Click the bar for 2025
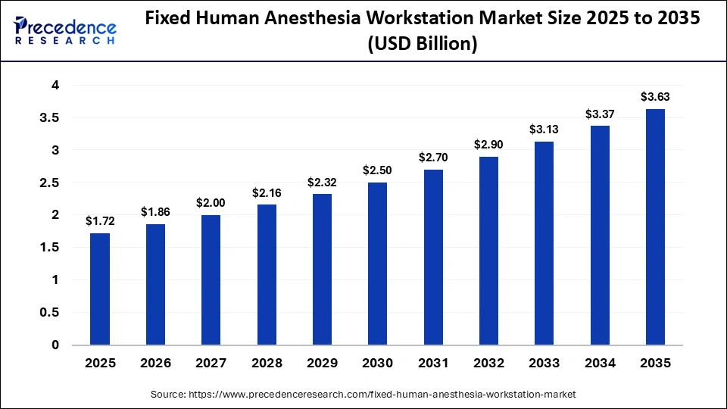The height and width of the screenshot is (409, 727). (x=100, y=289)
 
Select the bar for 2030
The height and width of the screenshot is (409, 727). (x=377, y=264)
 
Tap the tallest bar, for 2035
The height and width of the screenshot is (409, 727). (x=655, y=227)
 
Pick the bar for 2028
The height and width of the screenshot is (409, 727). (x=267, y=274)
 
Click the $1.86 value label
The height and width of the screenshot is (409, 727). (x=155, y=213)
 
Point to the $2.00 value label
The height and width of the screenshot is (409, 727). (x=211, y=204)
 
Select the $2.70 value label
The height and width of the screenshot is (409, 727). (x=432, y=158)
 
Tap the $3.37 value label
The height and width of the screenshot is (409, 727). (x=599, y=114)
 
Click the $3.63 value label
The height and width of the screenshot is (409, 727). (x=655, y=97)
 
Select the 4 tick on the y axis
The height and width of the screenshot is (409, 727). (x=55, y=86)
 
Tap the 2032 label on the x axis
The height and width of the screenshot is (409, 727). (x=488, y=364)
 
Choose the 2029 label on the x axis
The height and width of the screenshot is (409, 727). (x=322, y=364)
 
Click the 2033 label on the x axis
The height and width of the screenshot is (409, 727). (x=544, y=364)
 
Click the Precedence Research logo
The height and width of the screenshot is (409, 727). (x=65, y=30)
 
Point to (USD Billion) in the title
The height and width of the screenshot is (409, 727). (x=422, y=45)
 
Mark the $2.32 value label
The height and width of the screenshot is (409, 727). (x=322, y=183)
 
